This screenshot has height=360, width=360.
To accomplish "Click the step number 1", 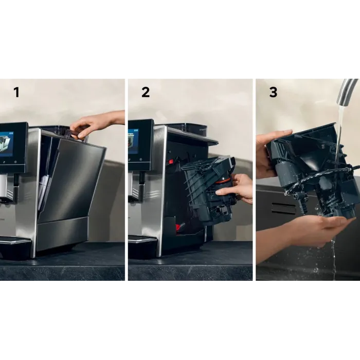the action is tap(16, 92).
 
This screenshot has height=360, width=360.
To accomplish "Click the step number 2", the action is tap(146, 92).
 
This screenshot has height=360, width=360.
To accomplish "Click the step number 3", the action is tap(273, 92).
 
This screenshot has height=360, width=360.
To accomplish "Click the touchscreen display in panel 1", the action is tap(6, 144).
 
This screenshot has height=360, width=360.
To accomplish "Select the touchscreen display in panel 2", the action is tap(133, 141).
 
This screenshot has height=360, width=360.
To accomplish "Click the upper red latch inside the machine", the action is tap(171, 162).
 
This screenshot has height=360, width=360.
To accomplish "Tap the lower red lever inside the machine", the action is tap(178, 228).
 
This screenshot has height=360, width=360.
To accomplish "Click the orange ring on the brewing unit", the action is tap(222, 182).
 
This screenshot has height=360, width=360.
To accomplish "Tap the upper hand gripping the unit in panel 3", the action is tap(270, 153).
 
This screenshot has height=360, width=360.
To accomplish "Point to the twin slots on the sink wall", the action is tap(283, 208).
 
